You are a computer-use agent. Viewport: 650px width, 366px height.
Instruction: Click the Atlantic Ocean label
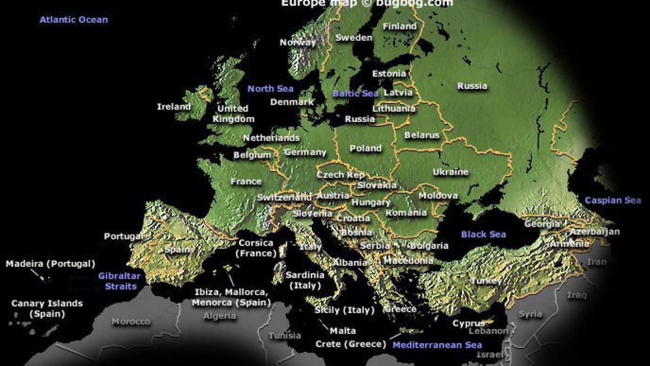74,20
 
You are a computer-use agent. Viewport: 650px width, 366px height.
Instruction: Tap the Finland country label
399,26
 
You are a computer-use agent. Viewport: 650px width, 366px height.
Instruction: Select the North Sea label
270,89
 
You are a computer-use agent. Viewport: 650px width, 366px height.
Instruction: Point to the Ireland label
174,107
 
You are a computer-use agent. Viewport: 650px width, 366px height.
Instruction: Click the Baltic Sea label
355,93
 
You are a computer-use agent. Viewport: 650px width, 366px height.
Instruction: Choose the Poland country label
366,149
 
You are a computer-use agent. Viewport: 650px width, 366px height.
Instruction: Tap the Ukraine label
450,172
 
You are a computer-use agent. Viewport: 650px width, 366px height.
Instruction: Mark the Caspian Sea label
613,201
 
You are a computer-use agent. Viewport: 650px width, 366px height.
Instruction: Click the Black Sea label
483,234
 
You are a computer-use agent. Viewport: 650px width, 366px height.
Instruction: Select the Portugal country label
123,236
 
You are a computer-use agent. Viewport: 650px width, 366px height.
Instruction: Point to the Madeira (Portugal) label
50,264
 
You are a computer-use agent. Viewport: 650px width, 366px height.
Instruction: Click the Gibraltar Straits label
120,281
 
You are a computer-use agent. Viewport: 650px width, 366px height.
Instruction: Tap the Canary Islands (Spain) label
47,309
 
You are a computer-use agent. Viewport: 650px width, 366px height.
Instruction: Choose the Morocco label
131,322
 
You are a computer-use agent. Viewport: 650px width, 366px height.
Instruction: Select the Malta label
343,331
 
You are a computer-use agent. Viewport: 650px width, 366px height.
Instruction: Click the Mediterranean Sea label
437,345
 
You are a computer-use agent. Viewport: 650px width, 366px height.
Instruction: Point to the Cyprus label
469,324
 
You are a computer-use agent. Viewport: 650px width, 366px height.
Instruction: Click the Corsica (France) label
256,248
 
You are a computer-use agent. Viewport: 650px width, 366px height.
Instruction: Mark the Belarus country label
422,136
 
